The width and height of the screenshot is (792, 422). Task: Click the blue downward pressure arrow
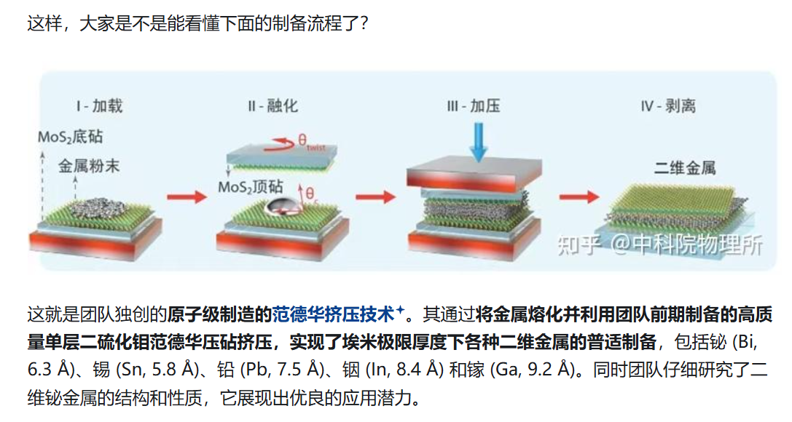coord(478,140)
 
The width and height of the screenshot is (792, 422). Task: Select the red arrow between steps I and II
coord(188,196)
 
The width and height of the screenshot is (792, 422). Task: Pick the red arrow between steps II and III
coord(375,196)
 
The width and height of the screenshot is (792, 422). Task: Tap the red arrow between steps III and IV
coord(579,196)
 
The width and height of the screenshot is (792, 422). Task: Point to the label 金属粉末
coord(89,167)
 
